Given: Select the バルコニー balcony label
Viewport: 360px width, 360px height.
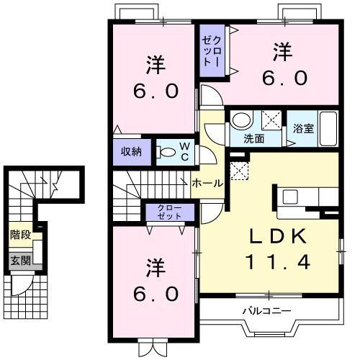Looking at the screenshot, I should [x=266, y=311].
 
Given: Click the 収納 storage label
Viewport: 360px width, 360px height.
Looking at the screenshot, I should [x=130, y=152].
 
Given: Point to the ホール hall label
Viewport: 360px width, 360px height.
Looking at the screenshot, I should [x=207, y=184].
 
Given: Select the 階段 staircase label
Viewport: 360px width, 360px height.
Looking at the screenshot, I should [x=20, y=234].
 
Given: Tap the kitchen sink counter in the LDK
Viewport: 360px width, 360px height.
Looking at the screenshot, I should [x=294, y=196].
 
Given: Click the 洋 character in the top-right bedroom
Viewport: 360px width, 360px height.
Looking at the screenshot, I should [x=282, y=52].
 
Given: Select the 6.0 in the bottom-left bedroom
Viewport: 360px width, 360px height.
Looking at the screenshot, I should [x=153, y=294].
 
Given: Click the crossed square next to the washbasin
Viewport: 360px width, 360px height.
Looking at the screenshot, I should [x=270, y=120].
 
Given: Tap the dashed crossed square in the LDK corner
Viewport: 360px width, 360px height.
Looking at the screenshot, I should [x=238, y=170].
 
